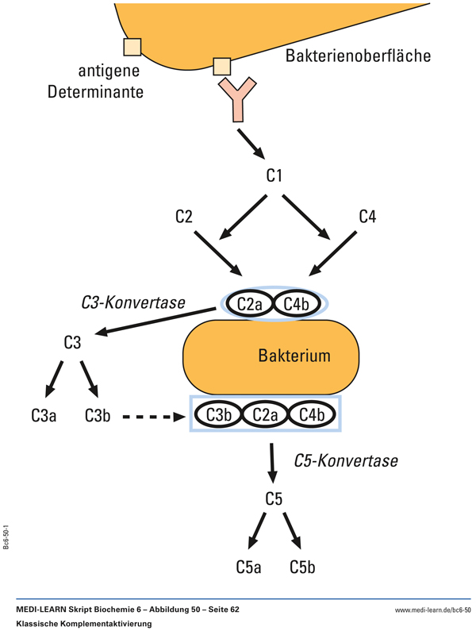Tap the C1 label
click(x=274, y=175)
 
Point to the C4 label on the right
click(x=367, y=215)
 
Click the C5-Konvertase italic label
click(x=346, y=460)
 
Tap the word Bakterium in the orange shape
click(x=294, y=356)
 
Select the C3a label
click(x=44, y=414)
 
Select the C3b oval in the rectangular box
click(x=218, y=414)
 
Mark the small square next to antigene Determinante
click(x=132, y=47)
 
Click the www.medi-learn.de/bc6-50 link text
click(x=432, y=610)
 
